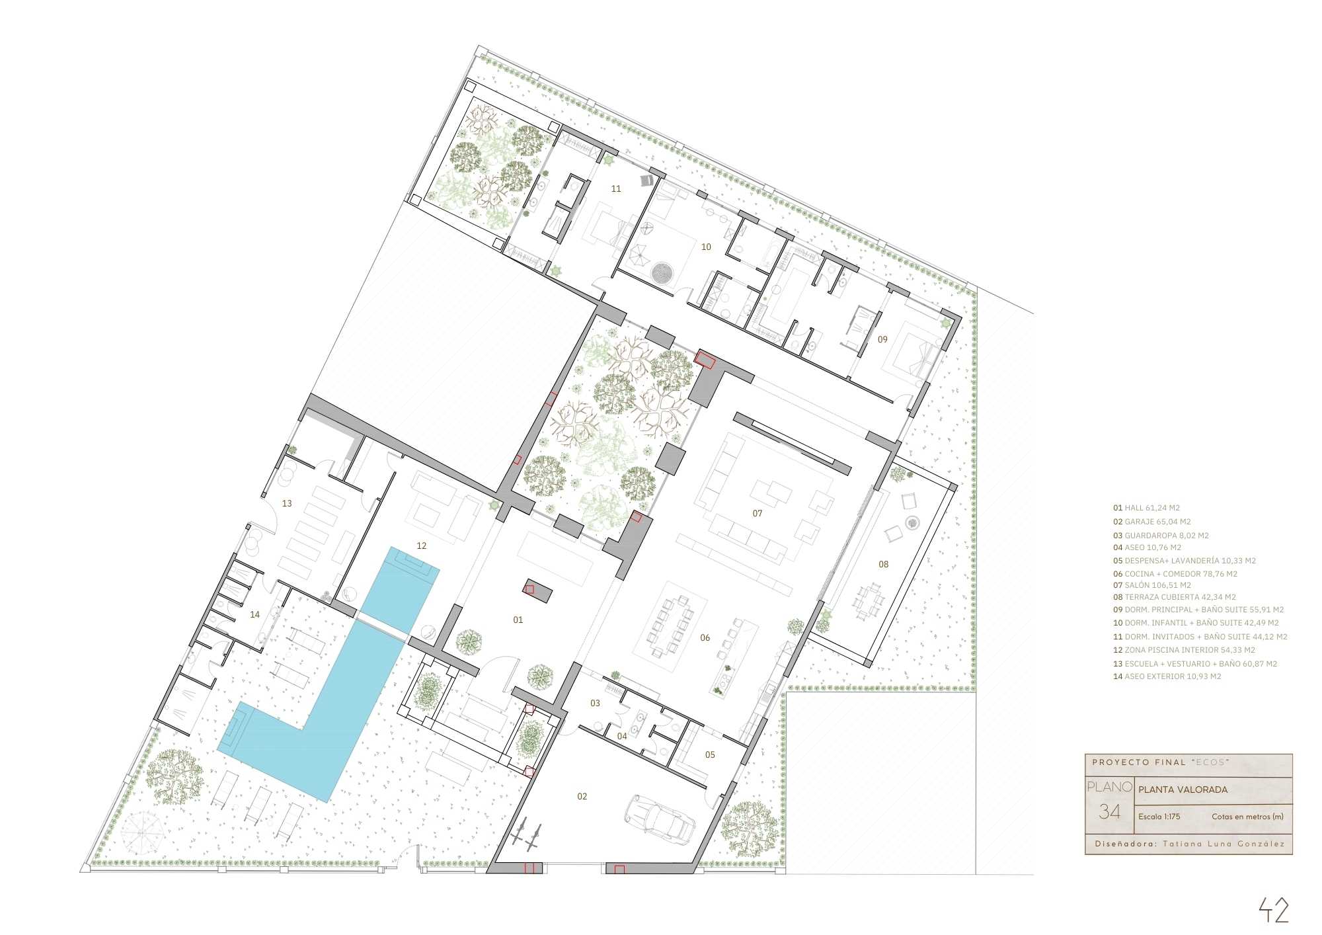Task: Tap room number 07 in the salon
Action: point(758,513)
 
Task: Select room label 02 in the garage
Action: point(582,796)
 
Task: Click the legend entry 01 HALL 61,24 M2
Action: point(1146,508)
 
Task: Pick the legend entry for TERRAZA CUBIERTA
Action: point(1174,596)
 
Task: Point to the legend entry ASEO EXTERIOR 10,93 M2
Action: point(1167,676)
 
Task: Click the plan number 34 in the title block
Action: point(1109,811)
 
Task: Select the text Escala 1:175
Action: point(1159,817)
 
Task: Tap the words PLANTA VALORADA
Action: point(1183,790)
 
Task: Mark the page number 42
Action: point(1274,910)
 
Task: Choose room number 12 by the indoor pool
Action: point(422,546)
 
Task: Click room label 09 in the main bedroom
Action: point(882,339)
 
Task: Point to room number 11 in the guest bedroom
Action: point(616,188)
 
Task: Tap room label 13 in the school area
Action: point(287,503)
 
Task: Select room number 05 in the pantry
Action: point(710,754)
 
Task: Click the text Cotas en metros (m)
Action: point(1247,817)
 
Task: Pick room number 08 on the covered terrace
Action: point(884,564)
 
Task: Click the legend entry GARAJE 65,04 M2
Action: point(1151,522)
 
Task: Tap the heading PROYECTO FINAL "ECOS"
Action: point(1160,762)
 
